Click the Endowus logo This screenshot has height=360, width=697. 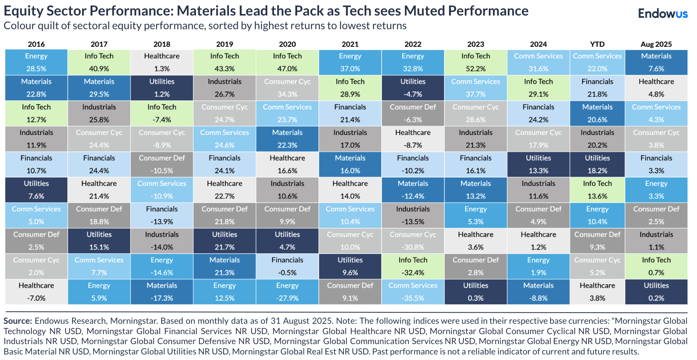(663, 14)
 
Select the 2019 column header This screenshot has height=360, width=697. (224, 44)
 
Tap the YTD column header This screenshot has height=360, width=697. (597, 44)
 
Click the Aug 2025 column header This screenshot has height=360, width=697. (656, 44)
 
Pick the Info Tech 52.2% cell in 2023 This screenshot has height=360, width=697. (476, 62)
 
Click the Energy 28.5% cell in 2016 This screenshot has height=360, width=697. (36, 62)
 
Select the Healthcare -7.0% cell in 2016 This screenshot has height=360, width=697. (36, 292)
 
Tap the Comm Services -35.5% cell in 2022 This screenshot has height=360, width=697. (413, 292)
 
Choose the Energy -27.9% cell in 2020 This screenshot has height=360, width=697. (287, 292)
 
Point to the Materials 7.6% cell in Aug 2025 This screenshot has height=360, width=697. (656, 62)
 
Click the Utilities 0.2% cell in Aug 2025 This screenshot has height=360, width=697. (656, 292)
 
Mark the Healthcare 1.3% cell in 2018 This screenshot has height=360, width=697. (162, 62)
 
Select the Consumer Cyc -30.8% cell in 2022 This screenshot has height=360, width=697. (413, 241)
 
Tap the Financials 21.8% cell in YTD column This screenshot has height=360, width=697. (597, 88)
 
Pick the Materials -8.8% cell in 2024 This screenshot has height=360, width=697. (538, 292)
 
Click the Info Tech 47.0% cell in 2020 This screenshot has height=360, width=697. (287, 62)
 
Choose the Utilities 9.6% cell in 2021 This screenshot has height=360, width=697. (350, 266)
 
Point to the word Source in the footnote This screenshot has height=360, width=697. (17, 321)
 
